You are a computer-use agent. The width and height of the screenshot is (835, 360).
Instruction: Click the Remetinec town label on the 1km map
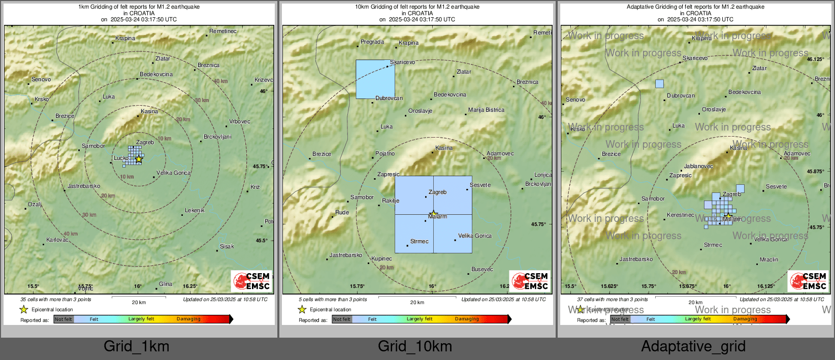pos(223,31)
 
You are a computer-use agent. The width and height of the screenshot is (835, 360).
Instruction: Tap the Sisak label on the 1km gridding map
pos(227,247)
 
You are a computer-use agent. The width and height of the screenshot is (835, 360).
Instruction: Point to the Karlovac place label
pos(57,240)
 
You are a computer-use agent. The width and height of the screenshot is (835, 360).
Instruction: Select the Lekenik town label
pos(195,211)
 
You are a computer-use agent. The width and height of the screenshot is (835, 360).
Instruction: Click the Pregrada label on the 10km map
pos(372,42)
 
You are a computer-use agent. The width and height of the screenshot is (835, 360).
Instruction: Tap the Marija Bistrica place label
pos(486,110)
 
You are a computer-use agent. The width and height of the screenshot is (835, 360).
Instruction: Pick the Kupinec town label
pos(381,259)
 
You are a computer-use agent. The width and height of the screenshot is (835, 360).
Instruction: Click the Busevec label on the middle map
pos(482,270)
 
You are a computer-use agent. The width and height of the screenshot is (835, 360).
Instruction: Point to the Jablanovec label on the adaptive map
pos(698,167)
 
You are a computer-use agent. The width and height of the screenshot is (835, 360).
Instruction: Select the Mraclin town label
pos(769,260)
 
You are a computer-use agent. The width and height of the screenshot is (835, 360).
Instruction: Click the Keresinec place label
pos(681,215)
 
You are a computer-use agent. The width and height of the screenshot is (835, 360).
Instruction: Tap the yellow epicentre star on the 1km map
pos(139,159)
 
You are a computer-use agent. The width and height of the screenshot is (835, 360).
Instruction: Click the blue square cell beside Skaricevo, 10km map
pos(375,79)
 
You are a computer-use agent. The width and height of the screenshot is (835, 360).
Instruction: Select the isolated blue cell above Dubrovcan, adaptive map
pos(659,84)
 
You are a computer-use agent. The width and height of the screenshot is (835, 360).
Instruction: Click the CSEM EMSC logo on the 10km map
pos(530,281)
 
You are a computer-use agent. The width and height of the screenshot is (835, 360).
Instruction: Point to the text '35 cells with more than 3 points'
pos(56,300)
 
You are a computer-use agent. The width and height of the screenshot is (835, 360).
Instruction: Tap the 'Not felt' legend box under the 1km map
pos(63,319)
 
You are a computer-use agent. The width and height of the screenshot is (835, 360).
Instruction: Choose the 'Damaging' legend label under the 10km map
pos(467,319)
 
